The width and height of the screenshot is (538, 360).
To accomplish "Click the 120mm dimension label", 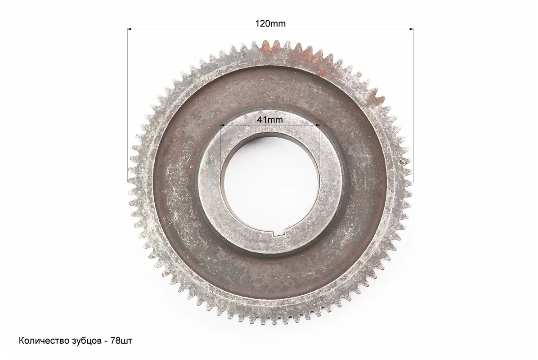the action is point(270,23).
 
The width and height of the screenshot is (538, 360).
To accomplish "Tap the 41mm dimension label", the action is point(270,120).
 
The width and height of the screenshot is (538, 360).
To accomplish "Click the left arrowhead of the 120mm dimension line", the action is point(130,29).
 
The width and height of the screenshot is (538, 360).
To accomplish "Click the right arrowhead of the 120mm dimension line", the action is point(411,29).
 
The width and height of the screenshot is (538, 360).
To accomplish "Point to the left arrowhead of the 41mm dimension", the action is point(222,125).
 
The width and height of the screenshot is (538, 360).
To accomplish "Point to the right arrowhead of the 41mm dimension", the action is point(318,125).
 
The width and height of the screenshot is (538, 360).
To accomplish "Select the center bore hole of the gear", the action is point(270,185).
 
